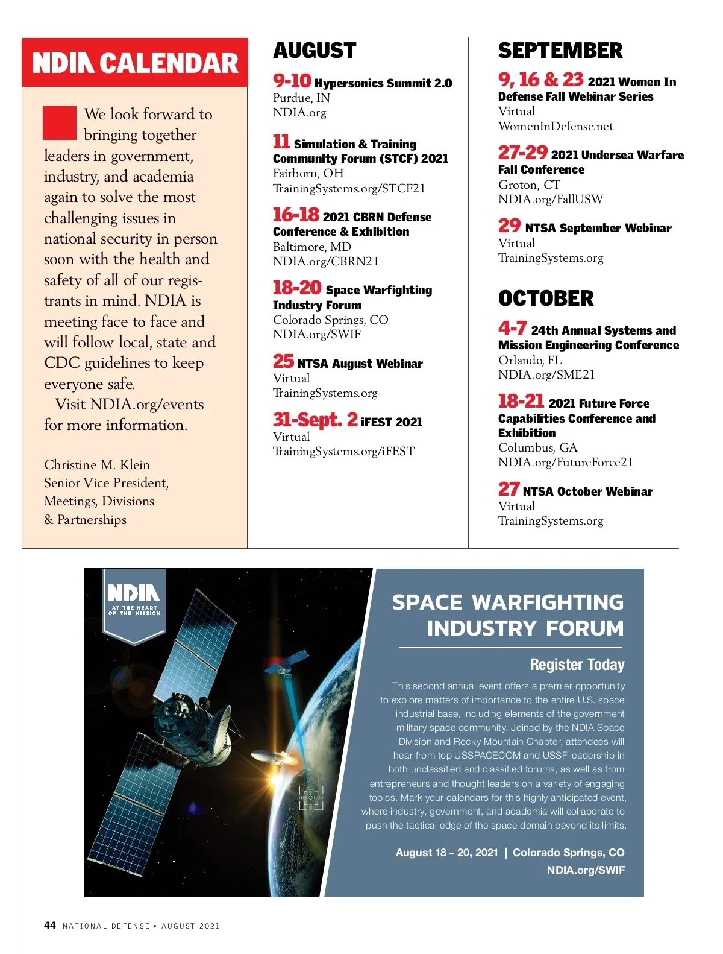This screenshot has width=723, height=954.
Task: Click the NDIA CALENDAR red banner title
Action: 135,63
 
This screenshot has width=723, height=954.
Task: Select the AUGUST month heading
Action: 315,51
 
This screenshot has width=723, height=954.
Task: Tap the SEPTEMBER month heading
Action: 560,51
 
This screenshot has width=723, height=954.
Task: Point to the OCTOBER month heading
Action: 545,299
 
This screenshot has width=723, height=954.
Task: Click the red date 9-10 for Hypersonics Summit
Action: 292,81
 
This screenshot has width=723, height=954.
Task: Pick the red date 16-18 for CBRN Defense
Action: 296,215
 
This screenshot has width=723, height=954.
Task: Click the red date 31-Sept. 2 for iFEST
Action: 315,420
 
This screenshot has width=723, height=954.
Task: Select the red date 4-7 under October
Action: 512,328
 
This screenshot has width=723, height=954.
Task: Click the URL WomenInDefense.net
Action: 555,126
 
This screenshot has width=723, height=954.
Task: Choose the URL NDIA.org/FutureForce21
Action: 565,462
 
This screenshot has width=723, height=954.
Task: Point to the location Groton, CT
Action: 529,185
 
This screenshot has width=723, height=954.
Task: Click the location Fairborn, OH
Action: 308,173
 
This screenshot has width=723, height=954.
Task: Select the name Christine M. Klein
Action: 97,464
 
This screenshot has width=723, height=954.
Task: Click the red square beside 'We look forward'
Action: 60,122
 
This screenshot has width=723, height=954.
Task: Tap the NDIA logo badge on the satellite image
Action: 134,603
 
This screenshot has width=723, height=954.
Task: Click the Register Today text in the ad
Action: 577,665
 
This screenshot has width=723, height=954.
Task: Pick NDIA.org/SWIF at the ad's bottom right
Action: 585,870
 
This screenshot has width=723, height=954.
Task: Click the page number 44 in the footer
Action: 50,925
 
